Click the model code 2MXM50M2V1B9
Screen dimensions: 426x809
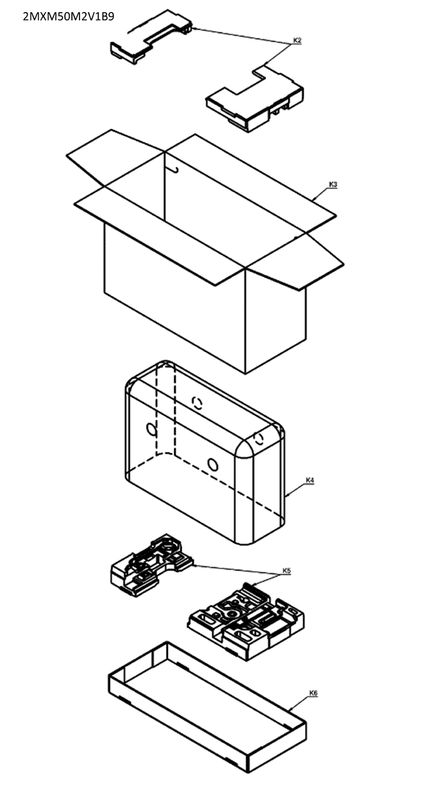click(68, 16)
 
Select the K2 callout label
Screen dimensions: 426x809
click(297, 40)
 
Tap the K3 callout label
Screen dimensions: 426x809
click(333, 184)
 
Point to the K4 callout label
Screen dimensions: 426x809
click(310, 479)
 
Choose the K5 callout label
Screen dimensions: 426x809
click(286, 570)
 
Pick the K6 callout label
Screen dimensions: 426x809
click(313, 693)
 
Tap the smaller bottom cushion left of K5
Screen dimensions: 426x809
click(151, 565)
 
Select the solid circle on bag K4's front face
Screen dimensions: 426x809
click(213, 464)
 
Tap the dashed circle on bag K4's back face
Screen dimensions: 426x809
click(197, 402)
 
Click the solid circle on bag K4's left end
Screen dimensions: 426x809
click(152, 429)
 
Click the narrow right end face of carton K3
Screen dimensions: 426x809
click(275, 323)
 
